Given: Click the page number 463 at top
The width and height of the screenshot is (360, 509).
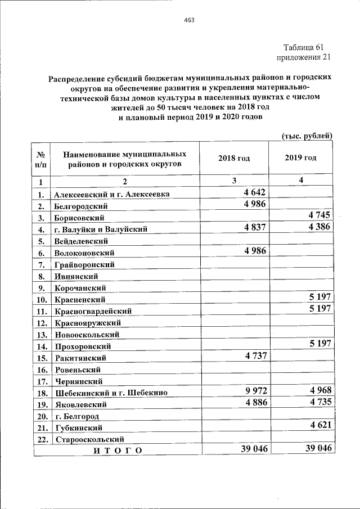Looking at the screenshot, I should [x=189, y=21].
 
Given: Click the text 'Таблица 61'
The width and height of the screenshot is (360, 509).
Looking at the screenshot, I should [x=304, y=47].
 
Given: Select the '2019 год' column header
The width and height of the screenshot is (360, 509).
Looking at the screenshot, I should [x=300, y=158].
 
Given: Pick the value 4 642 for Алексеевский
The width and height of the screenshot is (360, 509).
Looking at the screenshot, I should [x=254, y=192].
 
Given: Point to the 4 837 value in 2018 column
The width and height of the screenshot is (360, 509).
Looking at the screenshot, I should [x=254, y=227].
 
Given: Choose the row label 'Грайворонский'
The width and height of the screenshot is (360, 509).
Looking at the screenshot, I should [x=84, y=264].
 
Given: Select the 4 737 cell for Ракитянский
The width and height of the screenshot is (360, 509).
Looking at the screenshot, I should [x=254, y=355].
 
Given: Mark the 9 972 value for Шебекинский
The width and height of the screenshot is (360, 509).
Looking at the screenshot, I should [x=254, y=390].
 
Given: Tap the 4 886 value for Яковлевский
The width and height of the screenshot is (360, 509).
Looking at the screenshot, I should [x=254, y=402].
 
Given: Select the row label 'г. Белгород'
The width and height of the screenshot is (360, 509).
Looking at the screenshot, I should [x=77, y=416].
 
